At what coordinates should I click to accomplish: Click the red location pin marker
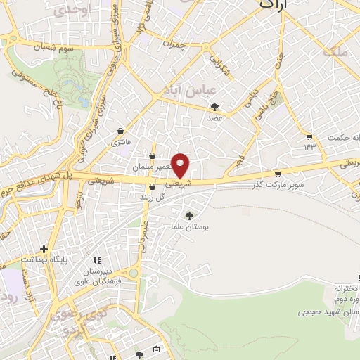181,166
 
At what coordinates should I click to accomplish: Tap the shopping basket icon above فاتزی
121,131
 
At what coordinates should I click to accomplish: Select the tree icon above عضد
215,107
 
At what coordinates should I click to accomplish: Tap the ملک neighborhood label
334,51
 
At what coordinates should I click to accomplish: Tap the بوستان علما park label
188,227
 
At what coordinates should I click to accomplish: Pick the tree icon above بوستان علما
188,215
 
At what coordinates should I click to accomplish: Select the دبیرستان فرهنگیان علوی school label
101,276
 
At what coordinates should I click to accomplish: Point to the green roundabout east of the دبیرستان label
134,273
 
